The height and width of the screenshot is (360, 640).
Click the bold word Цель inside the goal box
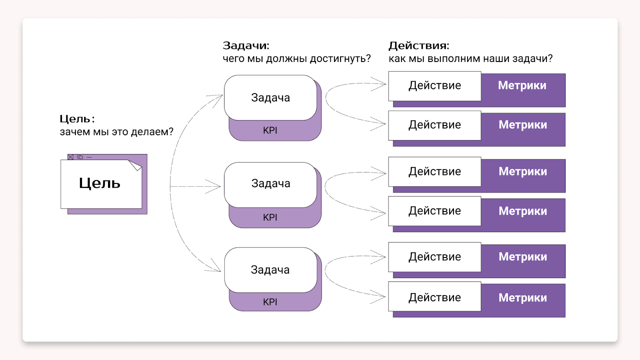coord(100,183)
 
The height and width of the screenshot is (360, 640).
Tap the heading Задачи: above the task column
coord(246,46)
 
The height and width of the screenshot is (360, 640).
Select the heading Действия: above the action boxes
coord(419,46)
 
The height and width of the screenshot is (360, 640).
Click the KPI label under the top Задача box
coord(270,130)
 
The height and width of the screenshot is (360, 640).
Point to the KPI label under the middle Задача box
coord(270,218)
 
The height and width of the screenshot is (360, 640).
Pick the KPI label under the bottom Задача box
coord(270,302)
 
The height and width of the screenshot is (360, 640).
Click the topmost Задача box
coord(270,98)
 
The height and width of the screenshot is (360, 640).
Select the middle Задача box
coord(270,184)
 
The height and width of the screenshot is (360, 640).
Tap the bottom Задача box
coord(270,270)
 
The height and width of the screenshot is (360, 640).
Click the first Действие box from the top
coord(435,86)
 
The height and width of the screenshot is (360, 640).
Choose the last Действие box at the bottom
coord(435,297)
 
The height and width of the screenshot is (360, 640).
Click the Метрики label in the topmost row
coord(522,86)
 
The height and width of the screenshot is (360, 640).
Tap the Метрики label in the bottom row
coord(523,298)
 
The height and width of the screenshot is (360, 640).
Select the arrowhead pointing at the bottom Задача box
coord(215,266)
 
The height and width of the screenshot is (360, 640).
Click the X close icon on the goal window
coord(70,157)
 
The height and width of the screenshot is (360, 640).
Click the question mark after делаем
coord(171,132)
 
